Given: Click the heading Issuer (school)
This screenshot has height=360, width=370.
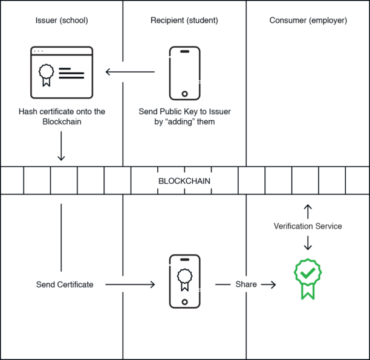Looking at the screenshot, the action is (x=62, y=21).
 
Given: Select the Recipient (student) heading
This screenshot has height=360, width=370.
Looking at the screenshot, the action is (x=184, y=21).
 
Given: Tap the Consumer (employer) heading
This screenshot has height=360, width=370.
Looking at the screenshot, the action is (x=308, y=21).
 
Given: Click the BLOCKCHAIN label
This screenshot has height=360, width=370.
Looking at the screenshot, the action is (x=184, y=181).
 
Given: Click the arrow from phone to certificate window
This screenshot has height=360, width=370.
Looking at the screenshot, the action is (x=130, y=72).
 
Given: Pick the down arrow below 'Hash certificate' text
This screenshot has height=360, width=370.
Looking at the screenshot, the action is (x=61, y=146).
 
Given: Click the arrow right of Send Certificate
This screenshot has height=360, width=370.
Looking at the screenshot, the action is (x=130, y=284).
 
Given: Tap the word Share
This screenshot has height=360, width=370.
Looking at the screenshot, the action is (x=246, y=284).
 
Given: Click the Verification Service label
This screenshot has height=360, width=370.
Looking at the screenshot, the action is (x=308, y=226).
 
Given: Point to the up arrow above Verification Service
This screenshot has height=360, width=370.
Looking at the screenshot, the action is (x=308, y=211).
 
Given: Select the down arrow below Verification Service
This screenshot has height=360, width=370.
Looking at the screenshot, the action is (x=308, y=243).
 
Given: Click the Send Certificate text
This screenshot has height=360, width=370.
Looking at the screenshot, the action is (x=65, y=284).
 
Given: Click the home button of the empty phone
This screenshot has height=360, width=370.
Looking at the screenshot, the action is (x=185, y=94).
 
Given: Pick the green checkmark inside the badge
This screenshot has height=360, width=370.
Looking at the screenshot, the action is (x=308, y=273).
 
